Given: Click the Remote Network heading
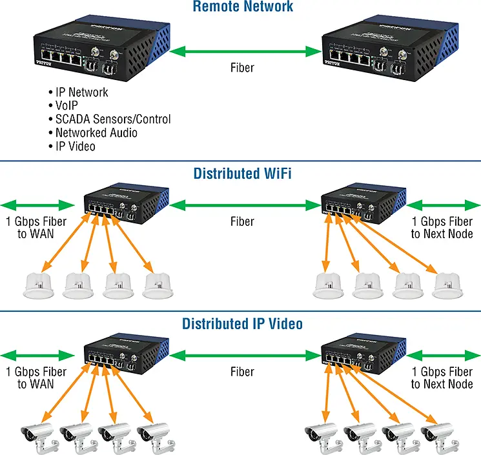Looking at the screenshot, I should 243,8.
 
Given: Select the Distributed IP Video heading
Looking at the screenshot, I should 242,323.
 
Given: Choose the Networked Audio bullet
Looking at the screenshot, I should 96,133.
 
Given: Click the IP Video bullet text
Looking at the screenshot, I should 75,147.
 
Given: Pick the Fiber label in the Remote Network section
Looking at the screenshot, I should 243,66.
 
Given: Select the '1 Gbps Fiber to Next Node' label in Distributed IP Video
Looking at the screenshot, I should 442,378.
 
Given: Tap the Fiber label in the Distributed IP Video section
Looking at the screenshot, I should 243,372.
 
